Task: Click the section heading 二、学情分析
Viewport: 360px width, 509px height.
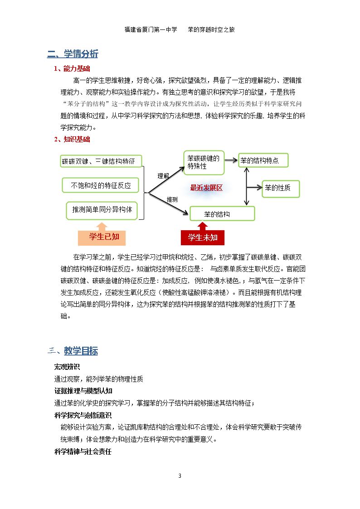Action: (73, 54)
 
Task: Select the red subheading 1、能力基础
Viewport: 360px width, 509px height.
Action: (72, 69)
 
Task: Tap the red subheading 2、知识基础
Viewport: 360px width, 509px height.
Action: (72, 140)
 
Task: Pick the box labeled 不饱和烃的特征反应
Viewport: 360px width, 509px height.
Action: (101, 185)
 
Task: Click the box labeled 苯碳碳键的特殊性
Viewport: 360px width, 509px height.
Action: (204, 163)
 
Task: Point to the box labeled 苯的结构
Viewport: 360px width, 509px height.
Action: (222, 213)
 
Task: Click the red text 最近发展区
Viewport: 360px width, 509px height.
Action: (206, 188)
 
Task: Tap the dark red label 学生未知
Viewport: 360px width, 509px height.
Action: (202, 238)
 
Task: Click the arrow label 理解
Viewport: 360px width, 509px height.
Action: (163, 175)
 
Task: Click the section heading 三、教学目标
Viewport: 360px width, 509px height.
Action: (73, 351)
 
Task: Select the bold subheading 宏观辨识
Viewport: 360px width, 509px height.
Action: (67, 367)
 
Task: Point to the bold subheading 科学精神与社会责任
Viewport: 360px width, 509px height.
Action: (83, 451)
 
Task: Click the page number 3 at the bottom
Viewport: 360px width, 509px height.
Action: (180, 475)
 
